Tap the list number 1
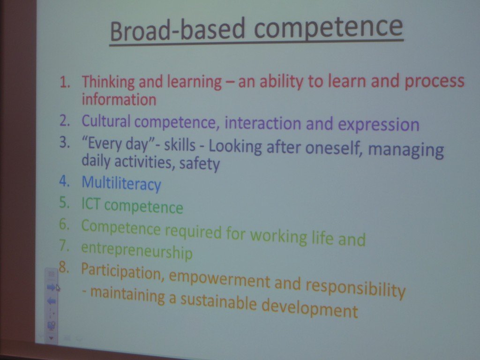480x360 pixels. (64, 82)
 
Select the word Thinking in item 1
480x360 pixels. (108, 82)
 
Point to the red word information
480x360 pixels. (119, 99)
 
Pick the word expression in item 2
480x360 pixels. (378, 124)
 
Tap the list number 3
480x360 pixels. (65, 142)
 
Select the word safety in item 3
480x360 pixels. (199, 164)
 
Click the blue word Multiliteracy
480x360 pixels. (121, 183)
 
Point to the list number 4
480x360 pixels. (65, 181)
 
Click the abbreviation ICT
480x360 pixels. (91, 203)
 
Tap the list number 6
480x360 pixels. (65, 225)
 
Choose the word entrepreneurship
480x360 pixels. (137, 251)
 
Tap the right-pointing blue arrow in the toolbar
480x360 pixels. (51, 287)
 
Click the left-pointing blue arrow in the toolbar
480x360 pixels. (52, 301)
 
